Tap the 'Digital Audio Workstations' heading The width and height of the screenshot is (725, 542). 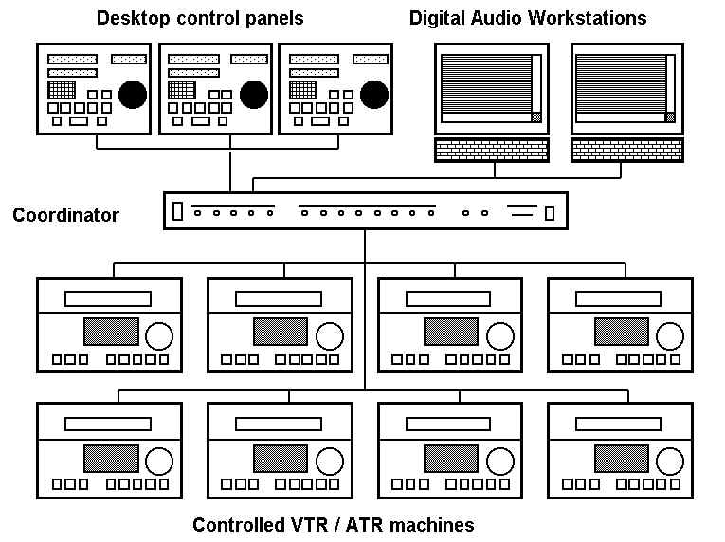pos(528,18)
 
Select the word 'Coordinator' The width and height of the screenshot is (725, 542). pos(65,215)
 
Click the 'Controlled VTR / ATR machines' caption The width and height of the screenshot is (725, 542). pos(333,525)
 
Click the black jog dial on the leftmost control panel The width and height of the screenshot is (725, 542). pos(133,93)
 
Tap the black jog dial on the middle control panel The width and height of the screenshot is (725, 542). pos(253,93)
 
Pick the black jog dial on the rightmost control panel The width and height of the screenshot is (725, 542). pos(374,93)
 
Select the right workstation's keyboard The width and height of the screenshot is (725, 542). pos(626,150)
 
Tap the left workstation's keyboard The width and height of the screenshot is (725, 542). pos(492,150)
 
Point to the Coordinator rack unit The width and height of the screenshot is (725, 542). pos(365,211)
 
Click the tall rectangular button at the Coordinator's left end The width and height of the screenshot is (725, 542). pos(177,212)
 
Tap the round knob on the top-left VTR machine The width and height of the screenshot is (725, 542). pos(159,335)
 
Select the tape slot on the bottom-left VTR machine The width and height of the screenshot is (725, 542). pos(107,425)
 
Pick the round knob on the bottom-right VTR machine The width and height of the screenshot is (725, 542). pos(671,461)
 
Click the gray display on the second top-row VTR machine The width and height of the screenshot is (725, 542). pos(281,332)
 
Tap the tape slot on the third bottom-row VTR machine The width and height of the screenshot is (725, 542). pos(449,425)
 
